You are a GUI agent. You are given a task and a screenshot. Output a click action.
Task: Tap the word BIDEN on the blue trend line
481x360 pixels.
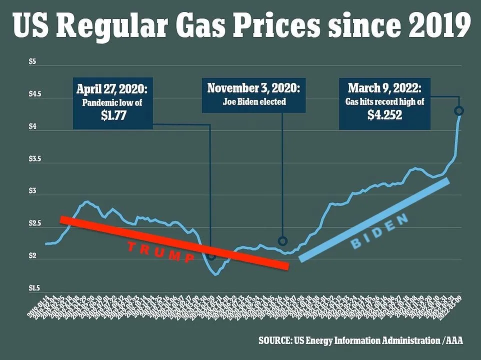(379, 231)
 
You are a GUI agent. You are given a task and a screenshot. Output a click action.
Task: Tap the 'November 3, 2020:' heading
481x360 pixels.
(253, 88)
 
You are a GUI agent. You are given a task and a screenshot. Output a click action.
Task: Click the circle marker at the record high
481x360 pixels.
(459, 111)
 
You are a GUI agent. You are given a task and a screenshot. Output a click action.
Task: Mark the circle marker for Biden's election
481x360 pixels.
(282, 241)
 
